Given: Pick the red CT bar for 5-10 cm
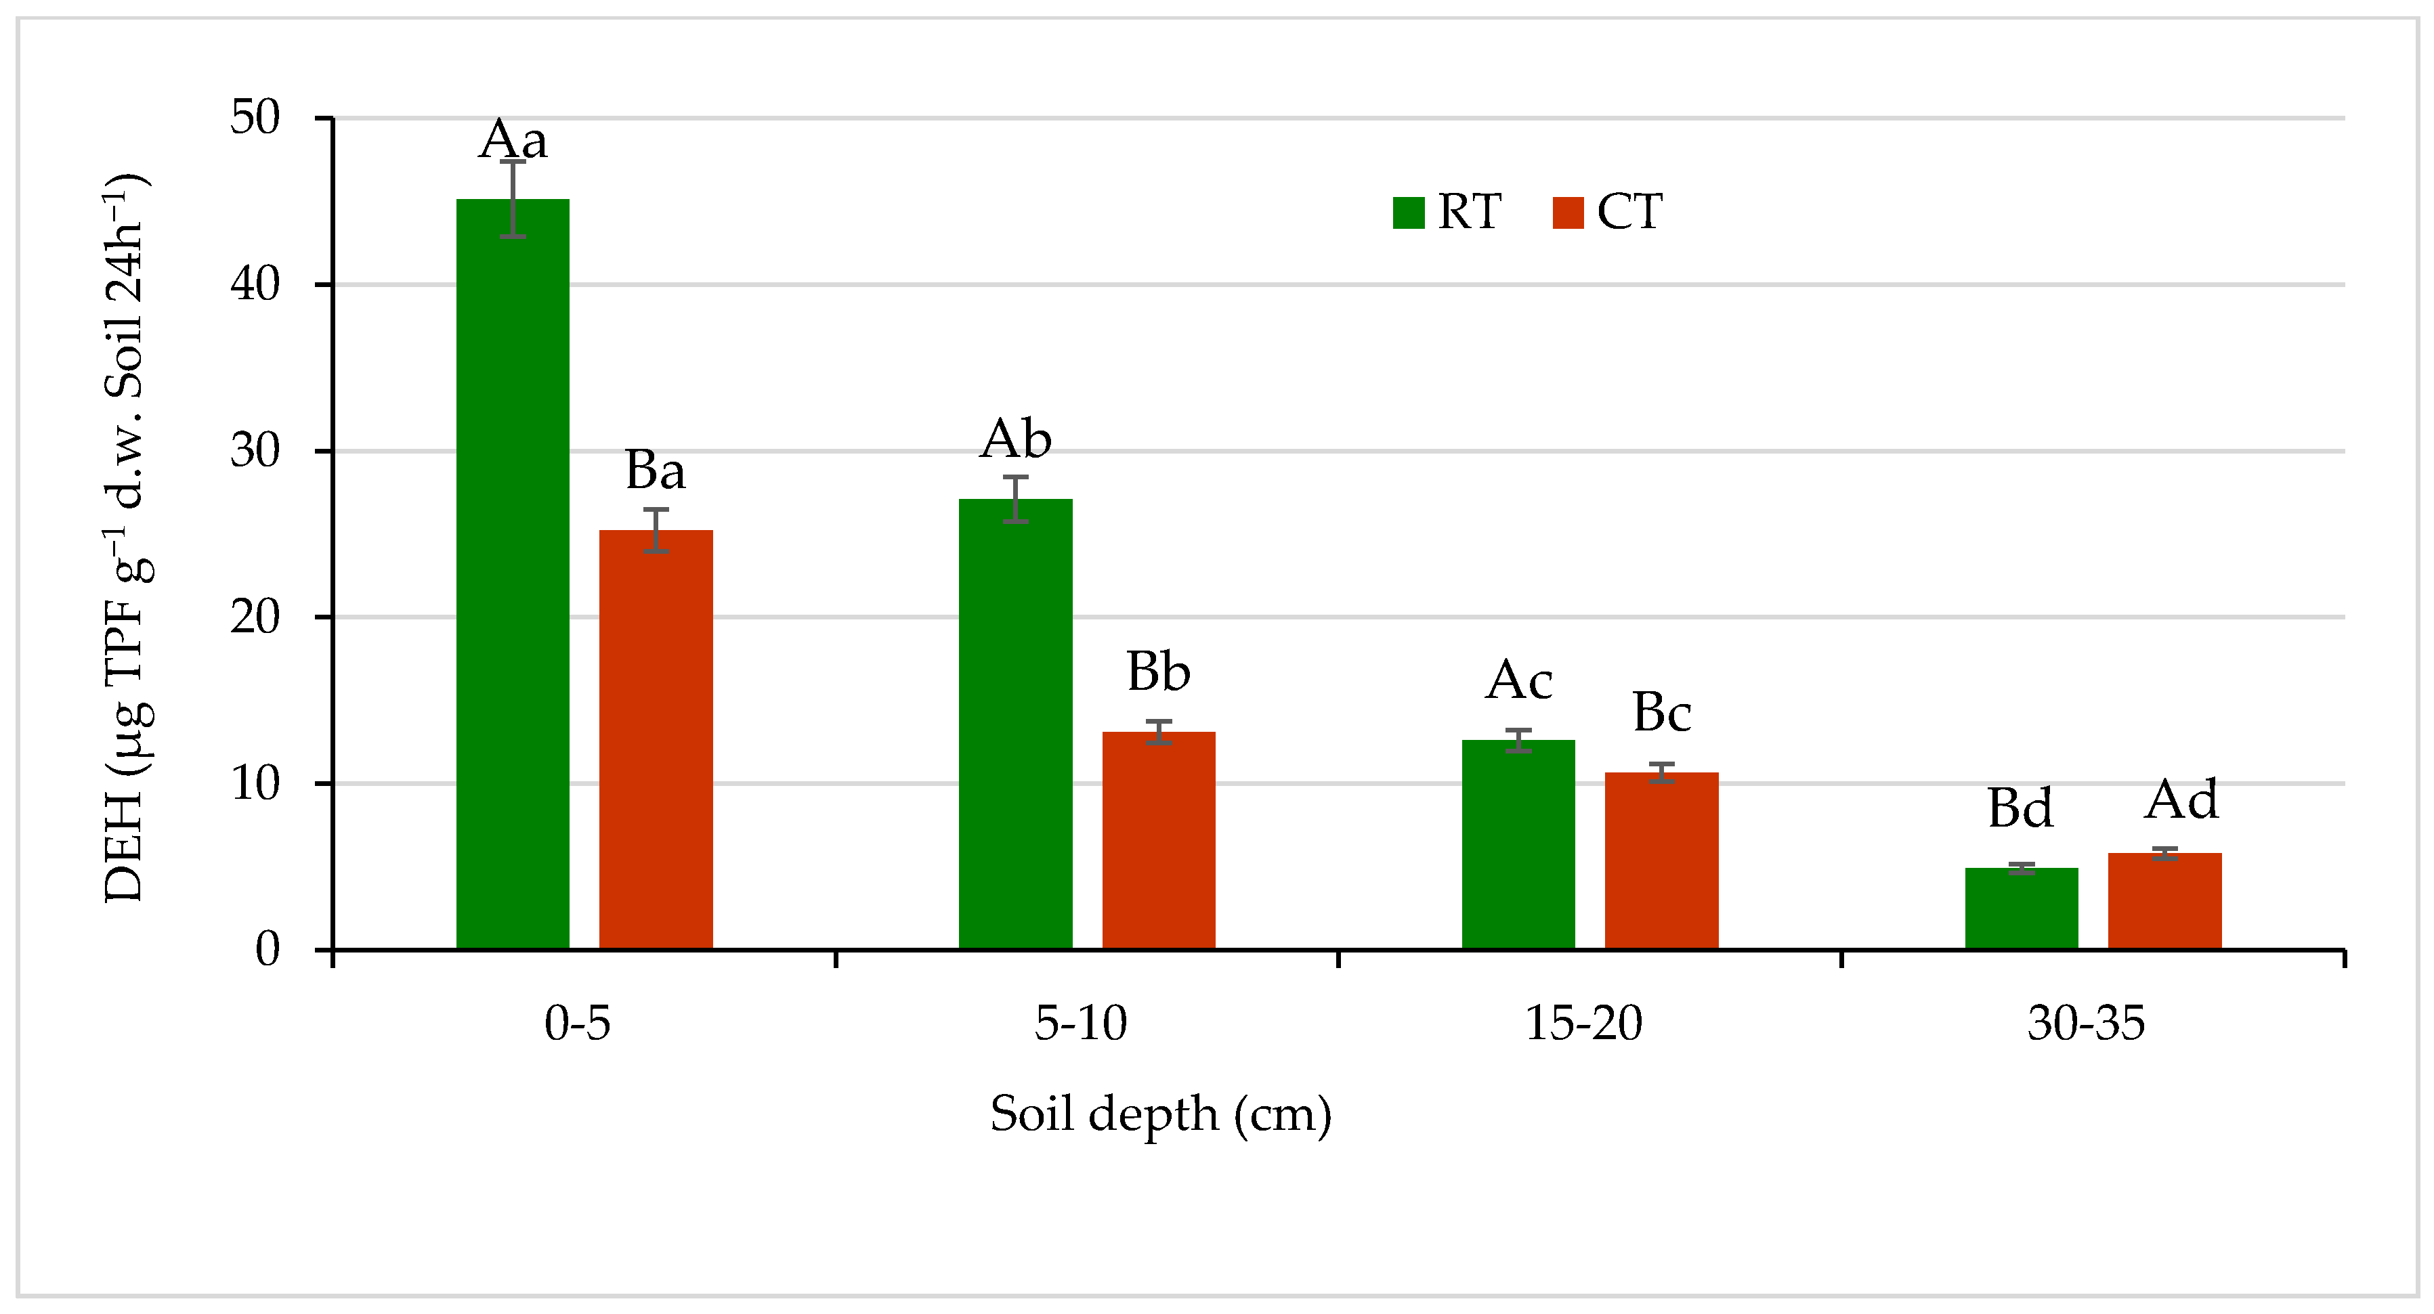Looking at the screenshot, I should [1158, 840].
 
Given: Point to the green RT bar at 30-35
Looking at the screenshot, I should [2021, 908].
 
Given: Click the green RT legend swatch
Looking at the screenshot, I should [1408, 213].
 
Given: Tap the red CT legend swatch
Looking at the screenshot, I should [1568, 213].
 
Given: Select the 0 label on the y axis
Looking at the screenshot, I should [268, 949].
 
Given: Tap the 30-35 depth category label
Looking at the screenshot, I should [2087, 1023].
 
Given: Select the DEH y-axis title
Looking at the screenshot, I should [127, 538].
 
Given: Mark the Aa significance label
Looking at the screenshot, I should [513, 141].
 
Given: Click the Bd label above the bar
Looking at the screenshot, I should [2020, 808].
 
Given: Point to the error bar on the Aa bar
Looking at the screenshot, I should [513, 198].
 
